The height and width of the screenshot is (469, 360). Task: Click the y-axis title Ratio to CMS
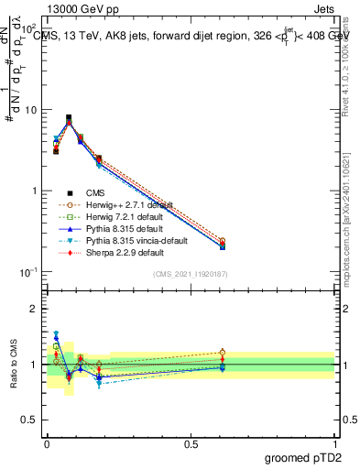click(14, 364)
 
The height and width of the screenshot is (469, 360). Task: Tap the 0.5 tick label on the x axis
click(191, 443)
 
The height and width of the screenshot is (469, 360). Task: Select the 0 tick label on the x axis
click(46, 443)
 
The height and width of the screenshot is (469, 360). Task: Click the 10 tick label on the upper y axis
click(27, 110)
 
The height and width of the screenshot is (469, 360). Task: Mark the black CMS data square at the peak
click(69, 117)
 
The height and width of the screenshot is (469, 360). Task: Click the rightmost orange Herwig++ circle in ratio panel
click(222, 352)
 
